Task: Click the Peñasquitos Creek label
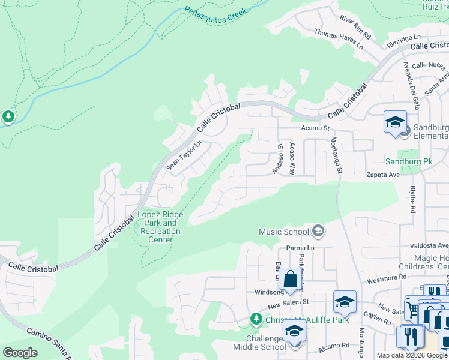(215, 13)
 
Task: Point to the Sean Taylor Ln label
(184, 155)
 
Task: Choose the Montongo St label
(336, 155)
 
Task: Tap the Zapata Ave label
(383, 175)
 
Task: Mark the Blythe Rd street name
(412, 199)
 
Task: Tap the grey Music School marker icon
(318, 232)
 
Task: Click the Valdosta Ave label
(429, 246)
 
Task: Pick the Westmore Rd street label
(387, 277)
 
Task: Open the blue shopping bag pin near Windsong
(290, 280)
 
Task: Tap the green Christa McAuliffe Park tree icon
(256, 318)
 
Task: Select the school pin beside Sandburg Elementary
(395, 123)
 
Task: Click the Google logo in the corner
(20, 353)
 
